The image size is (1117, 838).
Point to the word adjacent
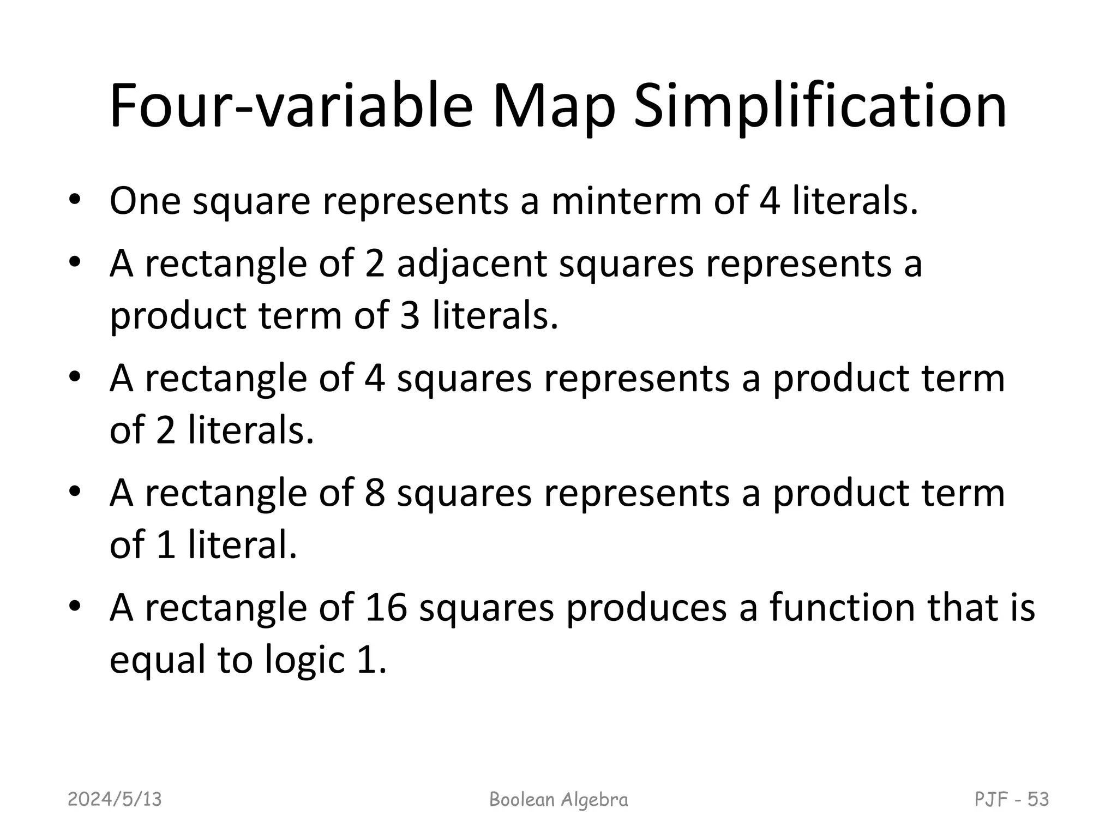coord(472,264)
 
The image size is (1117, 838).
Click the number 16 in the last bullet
coord(386,607)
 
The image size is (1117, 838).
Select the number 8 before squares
coord(375,493)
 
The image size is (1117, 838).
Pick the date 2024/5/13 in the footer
coord(115,799)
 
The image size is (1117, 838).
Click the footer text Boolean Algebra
coord(558,799)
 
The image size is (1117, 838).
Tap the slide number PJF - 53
coord(1011,799)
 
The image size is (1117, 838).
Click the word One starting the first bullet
coord(145,201)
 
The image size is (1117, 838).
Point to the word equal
coord(158,660)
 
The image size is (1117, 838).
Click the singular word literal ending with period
coord(243,545)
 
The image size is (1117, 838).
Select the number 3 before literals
coord(410,316)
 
